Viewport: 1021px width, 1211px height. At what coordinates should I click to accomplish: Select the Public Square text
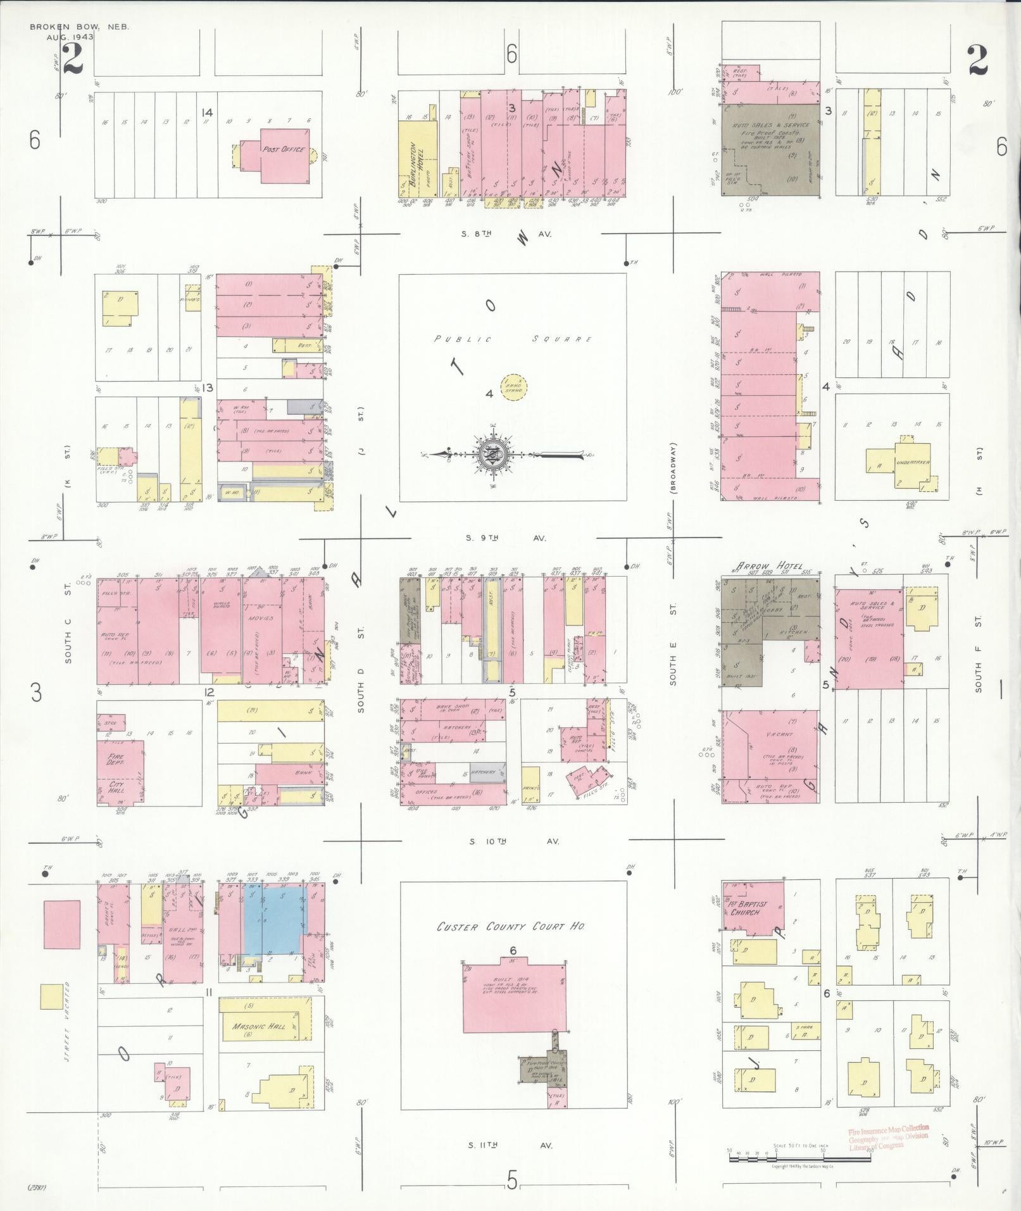513,339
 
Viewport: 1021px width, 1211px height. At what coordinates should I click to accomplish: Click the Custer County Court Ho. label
511,926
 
